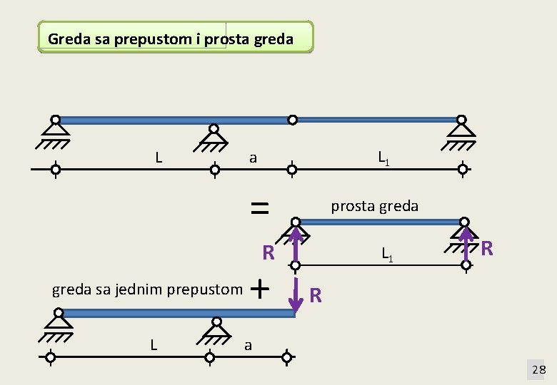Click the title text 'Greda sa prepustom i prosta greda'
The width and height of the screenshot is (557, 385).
(170, 38)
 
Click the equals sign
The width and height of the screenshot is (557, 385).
(259, 207)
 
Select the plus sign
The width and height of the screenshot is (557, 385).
(261, 289)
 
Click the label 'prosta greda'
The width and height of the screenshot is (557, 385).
(374, 206)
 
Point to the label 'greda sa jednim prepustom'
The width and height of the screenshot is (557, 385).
(147, 289)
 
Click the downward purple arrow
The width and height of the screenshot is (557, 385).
(294, 296)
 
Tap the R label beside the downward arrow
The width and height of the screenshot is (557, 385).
(316, 295)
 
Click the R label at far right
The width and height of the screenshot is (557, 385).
(487, 248)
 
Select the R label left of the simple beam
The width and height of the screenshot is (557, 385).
(269, 253)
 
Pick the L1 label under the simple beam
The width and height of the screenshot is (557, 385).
(386, 252)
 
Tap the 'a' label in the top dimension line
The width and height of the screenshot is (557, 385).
(252, 158)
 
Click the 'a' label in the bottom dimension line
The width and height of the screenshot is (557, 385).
(248, 346)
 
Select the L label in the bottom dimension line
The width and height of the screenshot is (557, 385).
(154, 344)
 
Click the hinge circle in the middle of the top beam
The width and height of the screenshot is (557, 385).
(292, 120)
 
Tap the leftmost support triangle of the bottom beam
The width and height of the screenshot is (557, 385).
(56, 322)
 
